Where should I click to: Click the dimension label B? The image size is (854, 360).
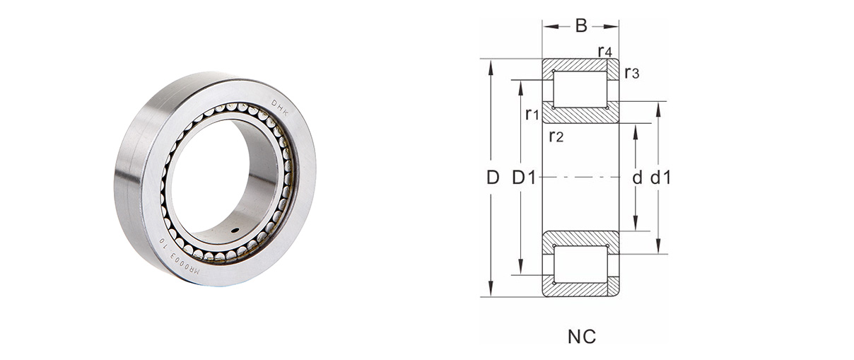tap(580, 26)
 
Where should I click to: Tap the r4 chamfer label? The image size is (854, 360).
tap(605, 51)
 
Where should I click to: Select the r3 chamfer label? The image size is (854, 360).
tap(631, 73)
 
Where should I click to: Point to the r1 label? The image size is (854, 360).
tap(532, 114)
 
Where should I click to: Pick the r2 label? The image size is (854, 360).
tap(556, 136)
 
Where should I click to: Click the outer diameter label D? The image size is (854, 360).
tap(493, 178)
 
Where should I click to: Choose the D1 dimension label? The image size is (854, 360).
tap(524, 178)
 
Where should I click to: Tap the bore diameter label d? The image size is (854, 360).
tap(637, 178)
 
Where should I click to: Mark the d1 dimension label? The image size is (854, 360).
tap(660, 178)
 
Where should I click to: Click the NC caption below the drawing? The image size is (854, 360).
tap(581, 337)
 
